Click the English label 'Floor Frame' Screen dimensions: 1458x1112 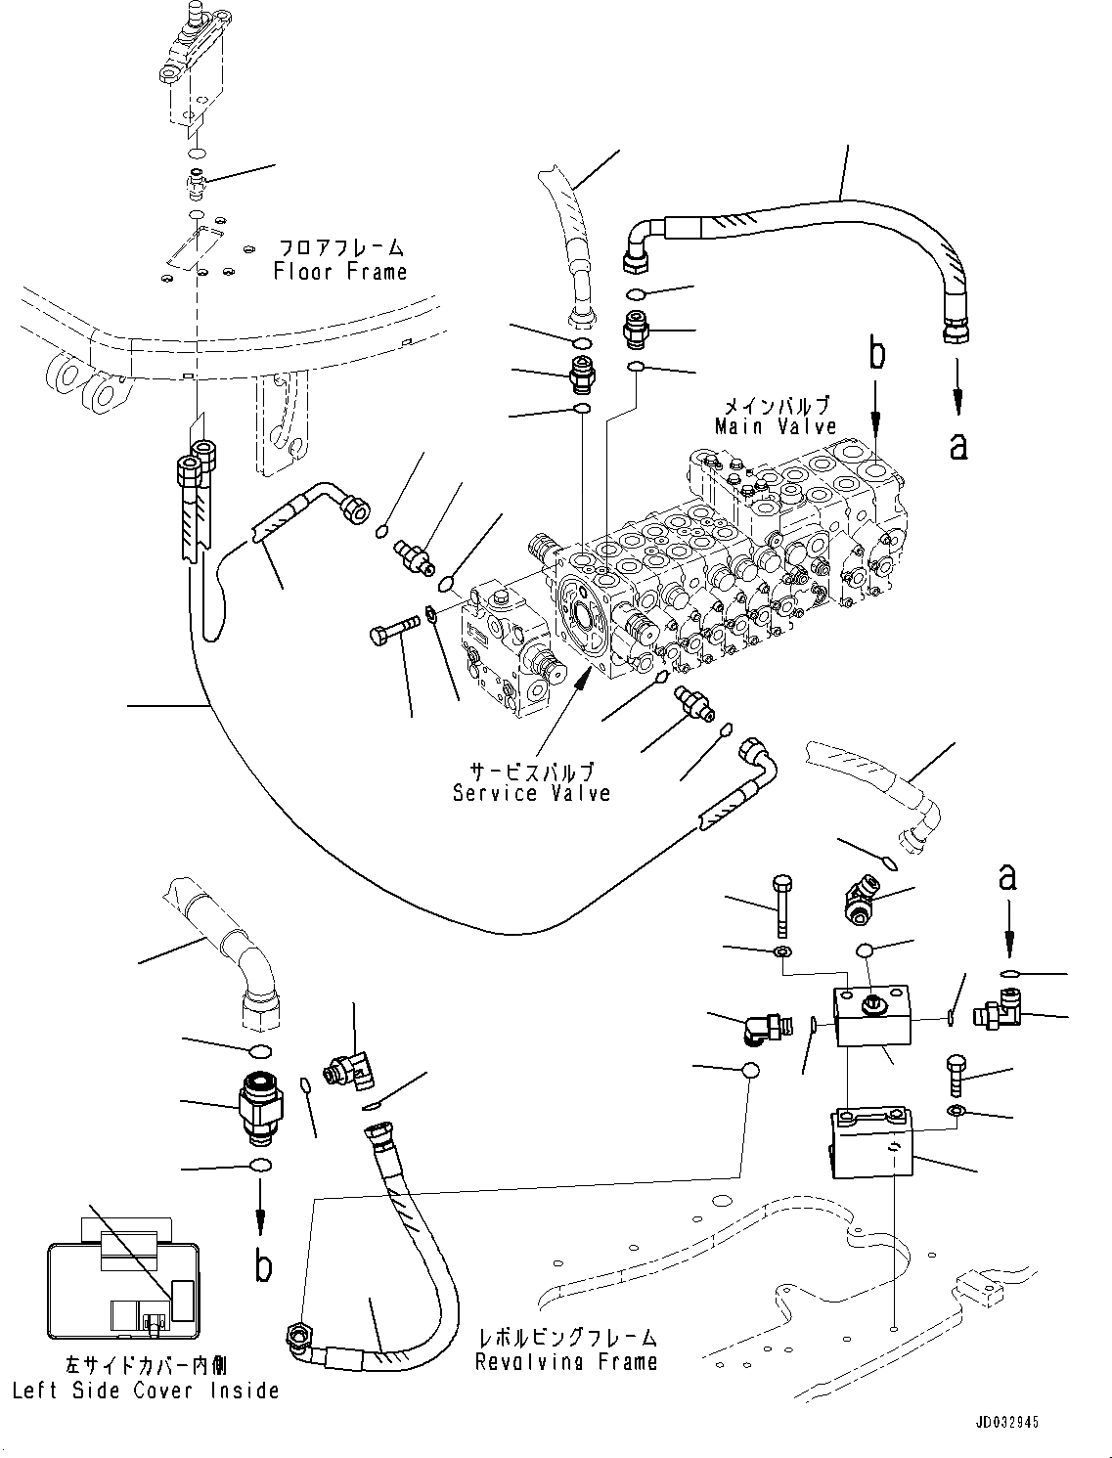pyautogui.click(x=340, y=272)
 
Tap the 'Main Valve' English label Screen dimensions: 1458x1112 pyautogui.click(x=776, y=426)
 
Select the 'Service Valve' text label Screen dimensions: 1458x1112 pyautogui.click(x=531, y=793)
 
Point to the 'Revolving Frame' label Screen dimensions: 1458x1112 pyautogui.click(x=566, y=1361)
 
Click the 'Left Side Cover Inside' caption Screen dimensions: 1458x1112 pyautogui.click(x=146, y=1391)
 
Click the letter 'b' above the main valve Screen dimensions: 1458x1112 pyautogui.click(x=877, y=356)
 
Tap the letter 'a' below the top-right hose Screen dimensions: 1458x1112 pyautogui.click(x=959, y=446)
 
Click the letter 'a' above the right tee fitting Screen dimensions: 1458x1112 pyautogui.click(x=1007, y=878)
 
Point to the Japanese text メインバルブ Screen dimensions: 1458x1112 pyautogui.click(x=777, y=405)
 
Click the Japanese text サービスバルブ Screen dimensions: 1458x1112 pyautogui.click(x=532, y=771)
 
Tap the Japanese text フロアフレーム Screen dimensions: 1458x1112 pyautogui.click(x=340, y=248)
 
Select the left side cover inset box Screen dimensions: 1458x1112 pyautogui.click(x=123, y=1290)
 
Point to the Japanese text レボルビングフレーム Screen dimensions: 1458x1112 pyautogui.click(x=567, y=1337)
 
